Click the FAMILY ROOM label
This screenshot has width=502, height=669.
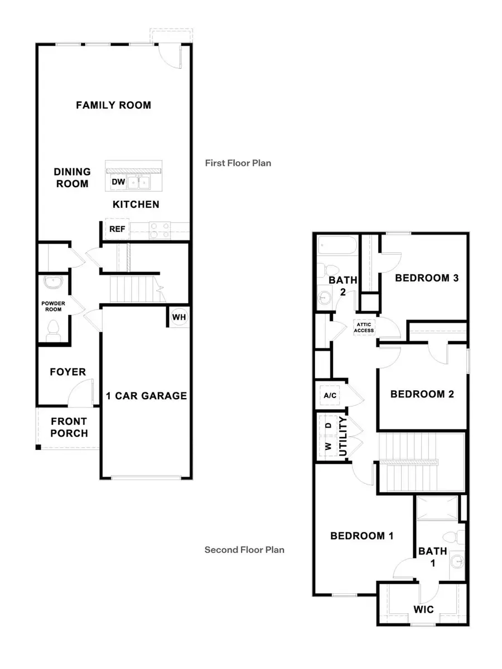(114, 105)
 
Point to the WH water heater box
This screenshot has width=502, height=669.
(179, 317)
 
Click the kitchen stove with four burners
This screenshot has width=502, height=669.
(160, 230)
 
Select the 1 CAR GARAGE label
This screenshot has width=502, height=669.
(146, 396)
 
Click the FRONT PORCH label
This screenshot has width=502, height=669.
(70, 427)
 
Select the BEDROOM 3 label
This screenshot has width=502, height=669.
(427, 278)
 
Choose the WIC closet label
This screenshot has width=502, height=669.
(423, 609)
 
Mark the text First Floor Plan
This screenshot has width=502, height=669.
(238, 163)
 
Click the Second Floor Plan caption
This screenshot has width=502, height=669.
(244, 550)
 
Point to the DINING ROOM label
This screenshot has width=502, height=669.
(71, 178)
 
